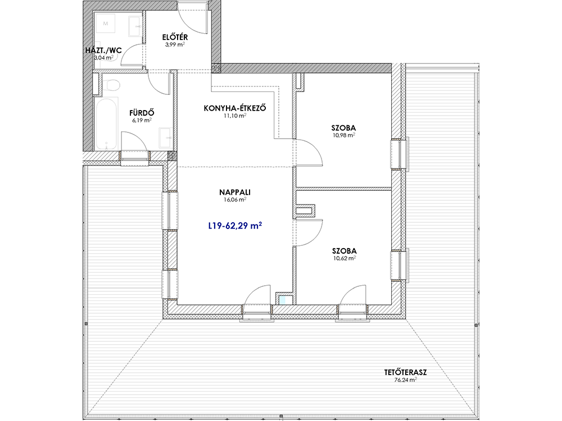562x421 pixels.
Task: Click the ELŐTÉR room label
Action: tap(175, 37)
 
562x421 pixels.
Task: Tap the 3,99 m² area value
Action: tap(175, 45)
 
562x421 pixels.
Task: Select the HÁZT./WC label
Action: tap(103, 50)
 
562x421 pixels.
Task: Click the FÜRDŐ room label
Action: tap(142, 113)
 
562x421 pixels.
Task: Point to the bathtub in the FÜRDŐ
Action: tap(106, 123)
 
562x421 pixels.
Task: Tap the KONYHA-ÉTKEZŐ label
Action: tap(235, 108)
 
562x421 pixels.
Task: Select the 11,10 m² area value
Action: tap(235, 116)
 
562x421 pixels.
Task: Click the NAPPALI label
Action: tap(235, 192)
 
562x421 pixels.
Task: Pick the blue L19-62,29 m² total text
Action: tap(235, 226)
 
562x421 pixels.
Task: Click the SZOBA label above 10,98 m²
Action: tap(343, 128)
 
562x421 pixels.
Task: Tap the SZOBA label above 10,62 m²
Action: tap(344, 251)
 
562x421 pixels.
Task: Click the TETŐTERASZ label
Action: tap(405, 372)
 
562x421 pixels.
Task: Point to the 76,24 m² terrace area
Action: tap(405, 380)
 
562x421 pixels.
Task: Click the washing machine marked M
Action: tap(106, 24)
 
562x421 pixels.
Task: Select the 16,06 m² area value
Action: tap(235, 200)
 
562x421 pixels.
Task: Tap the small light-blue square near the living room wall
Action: tap(283, 300)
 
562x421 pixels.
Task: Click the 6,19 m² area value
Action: tap(142, 121)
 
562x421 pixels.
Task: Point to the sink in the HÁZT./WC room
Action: tap(135, 26)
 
